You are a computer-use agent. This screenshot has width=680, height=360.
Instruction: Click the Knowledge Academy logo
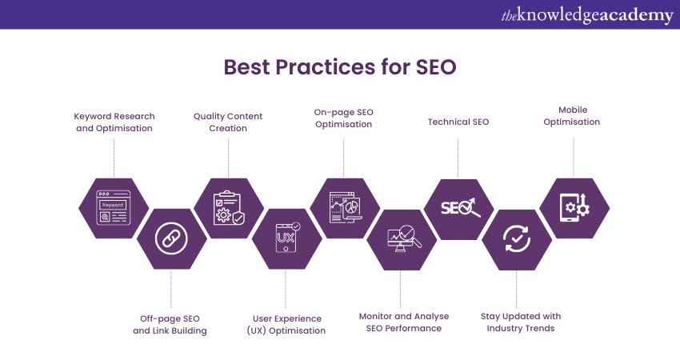pos(587,15)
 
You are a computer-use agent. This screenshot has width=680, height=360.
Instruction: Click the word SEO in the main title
pos(436,67)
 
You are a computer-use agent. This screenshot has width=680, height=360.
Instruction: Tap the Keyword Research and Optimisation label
pos(114,122)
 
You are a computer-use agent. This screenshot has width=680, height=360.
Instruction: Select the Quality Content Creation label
pos(228,122)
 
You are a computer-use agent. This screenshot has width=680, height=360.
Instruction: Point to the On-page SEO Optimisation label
pos(343,118)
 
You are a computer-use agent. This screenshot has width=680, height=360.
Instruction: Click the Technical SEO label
pos(458,122)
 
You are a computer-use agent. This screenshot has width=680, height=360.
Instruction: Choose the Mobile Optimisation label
pos(572,116)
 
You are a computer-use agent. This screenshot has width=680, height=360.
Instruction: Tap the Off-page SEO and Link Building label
pos(170,325)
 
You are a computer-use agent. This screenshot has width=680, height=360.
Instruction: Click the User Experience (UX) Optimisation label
pos(286,325)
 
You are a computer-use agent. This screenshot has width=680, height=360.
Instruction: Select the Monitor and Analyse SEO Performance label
pos(404,322)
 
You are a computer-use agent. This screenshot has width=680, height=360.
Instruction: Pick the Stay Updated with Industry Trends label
pos(521,322)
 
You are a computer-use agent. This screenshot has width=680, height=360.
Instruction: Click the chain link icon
pos(171,238)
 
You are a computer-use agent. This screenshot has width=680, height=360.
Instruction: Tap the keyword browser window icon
pos(113,207)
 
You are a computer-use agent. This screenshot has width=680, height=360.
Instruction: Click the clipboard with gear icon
pos(229,208)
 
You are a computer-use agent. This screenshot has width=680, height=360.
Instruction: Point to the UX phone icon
pos(287,238)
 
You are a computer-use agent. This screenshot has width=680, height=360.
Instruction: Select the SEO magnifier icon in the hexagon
pos(461,207)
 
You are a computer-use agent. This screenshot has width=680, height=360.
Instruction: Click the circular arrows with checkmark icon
pos(517,238)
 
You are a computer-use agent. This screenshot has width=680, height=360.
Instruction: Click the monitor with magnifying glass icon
pos(404,238)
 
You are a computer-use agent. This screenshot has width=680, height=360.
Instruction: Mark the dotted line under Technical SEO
pos(458,158)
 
